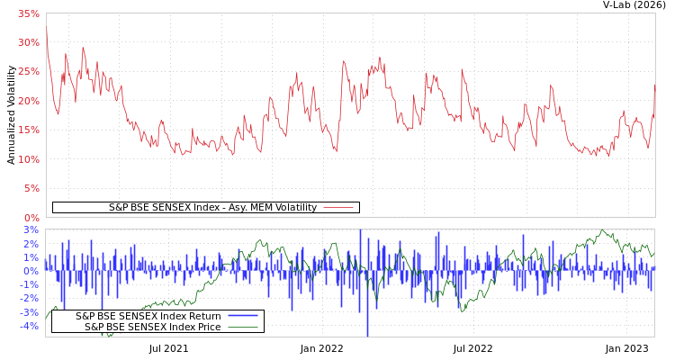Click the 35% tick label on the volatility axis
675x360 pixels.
click(29, 14)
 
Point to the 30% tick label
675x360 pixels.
click(29, 43)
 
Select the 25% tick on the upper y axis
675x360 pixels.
click(29, 72)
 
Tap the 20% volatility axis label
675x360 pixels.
click(29, 101)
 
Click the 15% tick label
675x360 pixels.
click(29, 130)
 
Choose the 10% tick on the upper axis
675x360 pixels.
click(29, 159)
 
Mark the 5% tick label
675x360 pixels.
click(31, 189)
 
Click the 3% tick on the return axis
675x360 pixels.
click(31, 230)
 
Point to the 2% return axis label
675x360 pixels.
click(31, 244)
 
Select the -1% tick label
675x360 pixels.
click(30, 284)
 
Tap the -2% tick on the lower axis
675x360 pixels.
click(30, 298)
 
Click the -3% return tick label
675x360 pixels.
click(30, 312)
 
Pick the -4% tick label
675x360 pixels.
click(30, 326)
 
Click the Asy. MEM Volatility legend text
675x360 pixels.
click(212, 207)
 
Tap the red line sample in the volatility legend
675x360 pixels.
click(337, 207)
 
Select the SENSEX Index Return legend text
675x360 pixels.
click(148, 316)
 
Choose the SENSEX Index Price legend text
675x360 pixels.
click(152, 327)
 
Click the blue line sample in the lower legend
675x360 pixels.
click(243, 316)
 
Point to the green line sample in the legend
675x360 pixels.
click(243, 327)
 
